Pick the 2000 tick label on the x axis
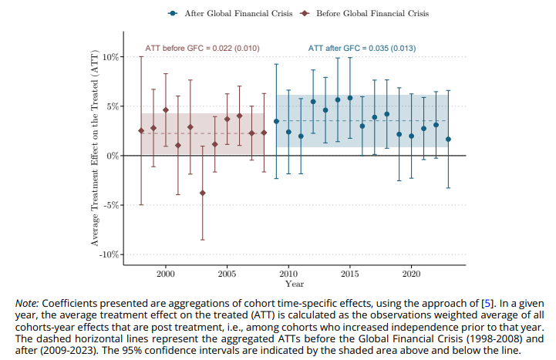coord(166,273)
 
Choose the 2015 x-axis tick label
coord(349,273)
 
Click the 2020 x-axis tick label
coord(411,273)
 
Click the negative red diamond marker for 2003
coord(203,193)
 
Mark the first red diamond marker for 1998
coord(141,130)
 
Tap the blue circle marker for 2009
coord(276,121)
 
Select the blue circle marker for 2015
coord(350,98)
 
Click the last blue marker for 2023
coord(448,140)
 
